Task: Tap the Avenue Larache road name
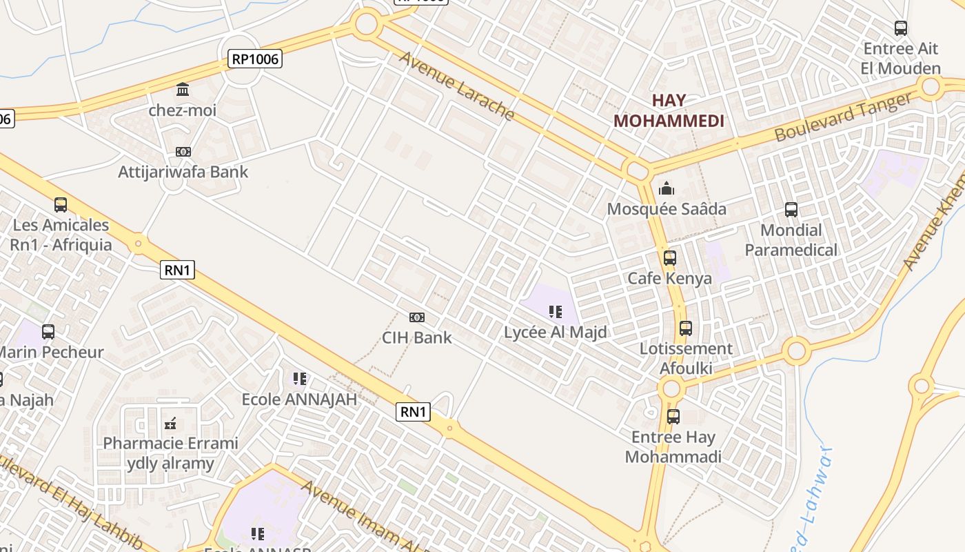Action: pos(457,86)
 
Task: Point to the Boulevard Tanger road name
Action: pos(842,117)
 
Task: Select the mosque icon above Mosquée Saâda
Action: pos(667,188)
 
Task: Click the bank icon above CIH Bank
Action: pos(417,317)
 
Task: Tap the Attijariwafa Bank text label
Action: pos(183,172)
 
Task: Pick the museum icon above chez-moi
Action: pos(183,89)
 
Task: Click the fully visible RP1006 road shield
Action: pos(255,59)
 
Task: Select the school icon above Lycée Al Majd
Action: pos(556,312)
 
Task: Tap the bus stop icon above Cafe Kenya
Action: pos(669,258)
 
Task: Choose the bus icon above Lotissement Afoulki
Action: pos(685,328)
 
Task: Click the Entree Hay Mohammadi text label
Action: pos(673,446)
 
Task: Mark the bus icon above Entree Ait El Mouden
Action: pos(900,28)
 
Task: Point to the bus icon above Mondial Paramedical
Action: pos(791,210)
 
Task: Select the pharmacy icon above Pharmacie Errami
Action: pos(170,423)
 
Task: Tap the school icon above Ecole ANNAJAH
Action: pos(299,379)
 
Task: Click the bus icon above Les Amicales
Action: pos(61,205)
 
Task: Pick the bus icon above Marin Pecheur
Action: pos(48,332)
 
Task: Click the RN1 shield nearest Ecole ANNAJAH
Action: pos(414,413)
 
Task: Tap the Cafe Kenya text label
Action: pos(669,279)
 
